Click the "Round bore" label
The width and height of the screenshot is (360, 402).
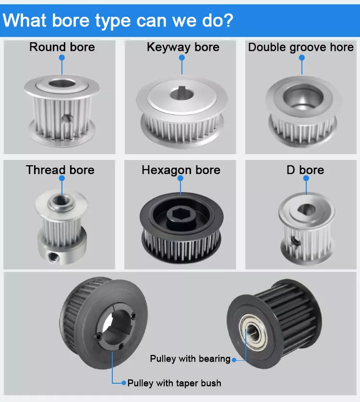coord(62,47)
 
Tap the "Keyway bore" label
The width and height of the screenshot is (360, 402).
coord(183,47)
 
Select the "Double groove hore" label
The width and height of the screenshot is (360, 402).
coord(301,47)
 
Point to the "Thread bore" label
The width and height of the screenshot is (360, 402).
coord(60,170)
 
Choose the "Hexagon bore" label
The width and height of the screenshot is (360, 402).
coord(181,170)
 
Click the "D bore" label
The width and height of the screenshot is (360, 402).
coord(305,170)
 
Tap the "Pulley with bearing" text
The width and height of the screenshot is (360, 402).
coord(190,359)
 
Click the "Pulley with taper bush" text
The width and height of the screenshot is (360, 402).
coord(174,383)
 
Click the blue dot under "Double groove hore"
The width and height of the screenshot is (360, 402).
coord(302,57)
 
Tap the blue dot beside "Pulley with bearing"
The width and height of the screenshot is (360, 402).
coord(234,359)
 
